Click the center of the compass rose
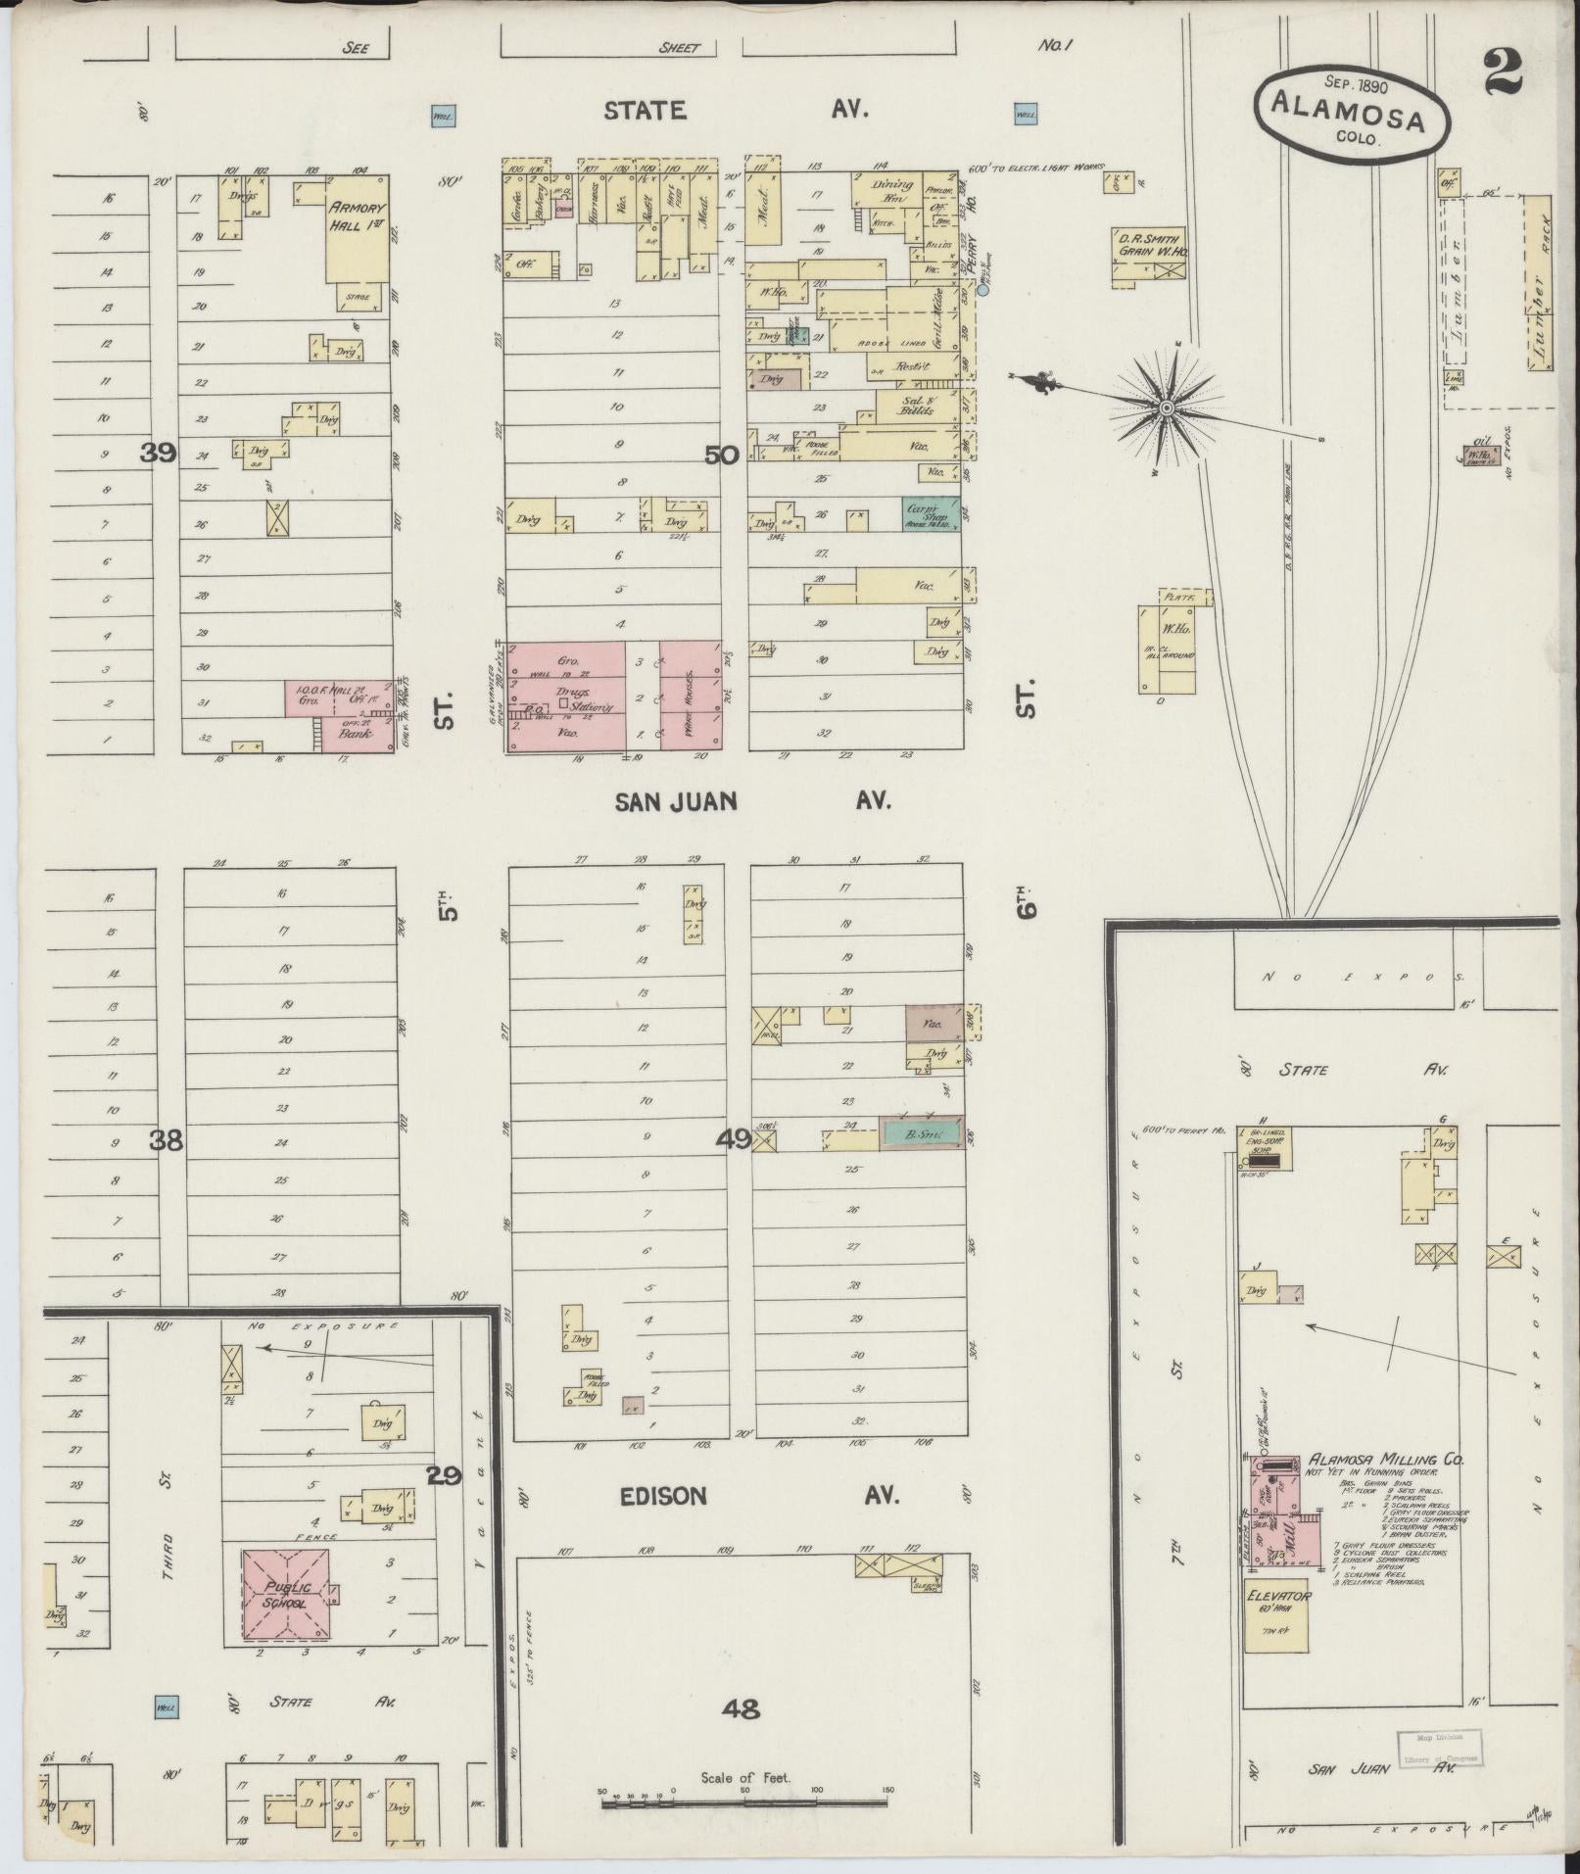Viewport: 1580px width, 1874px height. click(1167, 407)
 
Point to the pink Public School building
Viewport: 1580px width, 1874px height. click(286, 1596)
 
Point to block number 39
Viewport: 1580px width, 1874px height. click(158, 453)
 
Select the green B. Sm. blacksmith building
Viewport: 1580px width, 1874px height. click(920, 1133)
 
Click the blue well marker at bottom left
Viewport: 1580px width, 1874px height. click(166, 1708)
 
